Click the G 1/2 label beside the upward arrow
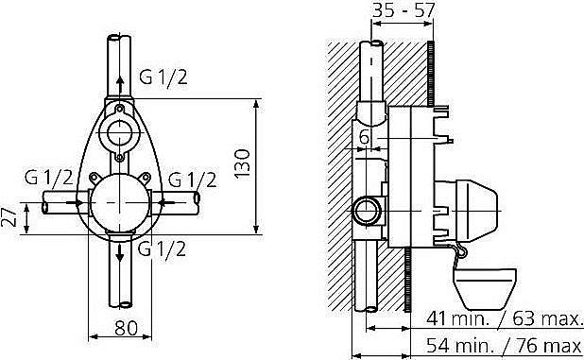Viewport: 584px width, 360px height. (x=163, y=77)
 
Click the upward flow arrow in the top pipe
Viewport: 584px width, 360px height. (x=120, y=84)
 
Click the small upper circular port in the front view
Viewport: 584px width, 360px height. (x=121, y=131)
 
